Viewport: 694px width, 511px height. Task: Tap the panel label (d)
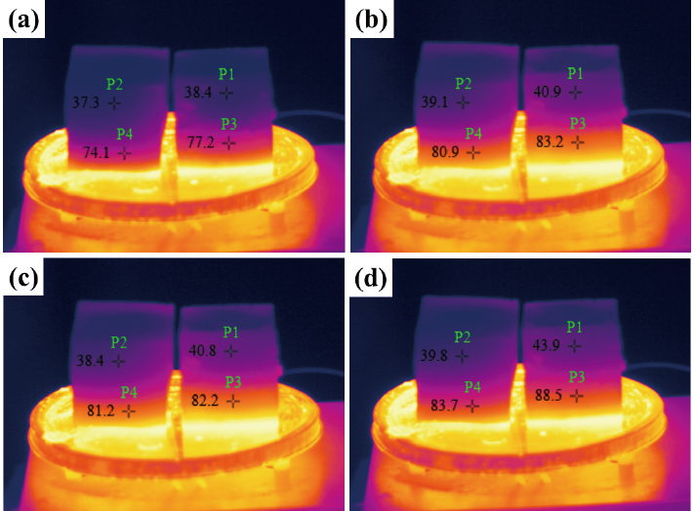point(372,279)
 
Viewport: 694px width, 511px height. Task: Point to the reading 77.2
point(199,142)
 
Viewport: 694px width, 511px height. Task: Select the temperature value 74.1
point(97,152)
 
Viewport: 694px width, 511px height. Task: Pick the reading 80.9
point(444,152)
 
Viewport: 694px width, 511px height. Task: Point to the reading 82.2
point(203,400)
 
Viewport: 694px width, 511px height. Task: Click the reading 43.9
point(548,345)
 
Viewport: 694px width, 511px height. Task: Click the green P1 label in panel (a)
point(226,73)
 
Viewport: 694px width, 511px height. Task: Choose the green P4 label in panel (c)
point(129,392)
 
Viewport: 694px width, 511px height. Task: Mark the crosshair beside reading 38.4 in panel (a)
point(226,93)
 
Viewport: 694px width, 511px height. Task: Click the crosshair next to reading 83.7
point(473,406)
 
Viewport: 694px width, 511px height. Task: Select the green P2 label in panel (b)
point(464,83)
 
